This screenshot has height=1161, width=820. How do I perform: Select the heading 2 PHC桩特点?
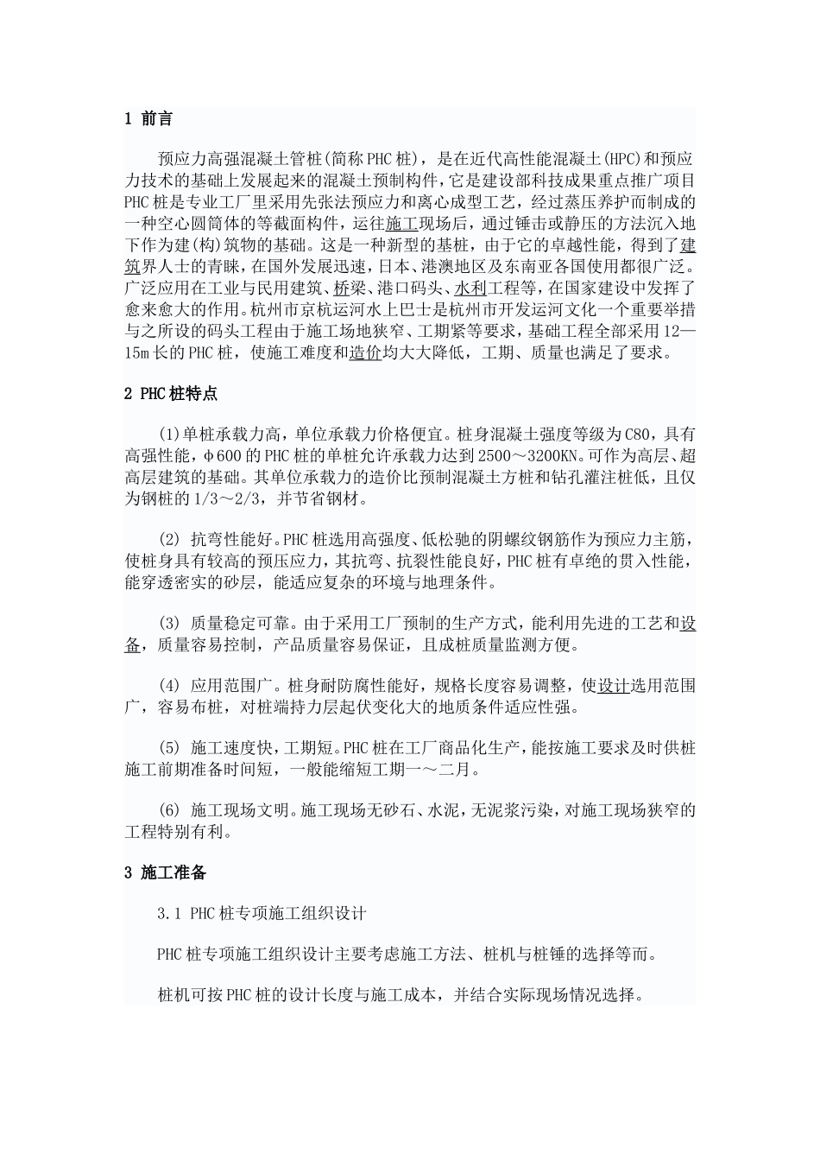pyautogui.click(x=171, y=394)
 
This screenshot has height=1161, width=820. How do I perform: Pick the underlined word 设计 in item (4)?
pyautogui.click(x=613, y=686)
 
